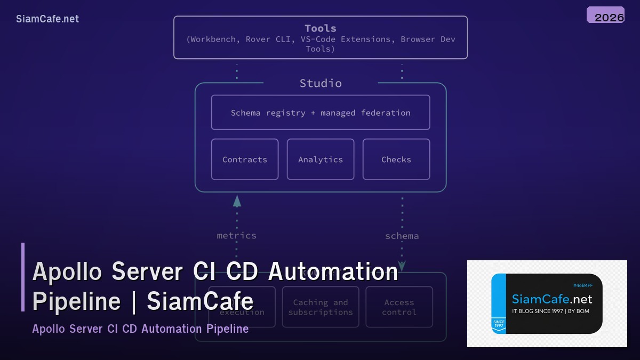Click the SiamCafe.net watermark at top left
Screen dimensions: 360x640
tap(47, 19)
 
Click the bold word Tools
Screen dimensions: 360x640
tap(320, 28)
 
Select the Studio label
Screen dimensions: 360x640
tap(321, 83)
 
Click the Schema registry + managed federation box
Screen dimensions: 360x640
tap(321, 113)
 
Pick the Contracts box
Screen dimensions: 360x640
tap(245, 159)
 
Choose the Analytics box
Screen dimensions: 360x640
tap(321, 159)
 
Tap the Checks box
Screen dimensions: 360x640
tap(396, 159)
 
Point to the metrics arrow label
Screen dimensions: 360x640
tap(236, 235)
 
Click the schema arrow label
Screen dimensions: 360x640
tap(402, 236)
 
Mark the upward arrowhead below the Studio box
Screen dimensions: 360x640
tap(237, 201)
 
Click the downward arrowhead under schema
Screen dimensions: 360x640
tap(402, 265)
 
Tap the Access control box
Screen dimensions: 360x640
tap(399, 307)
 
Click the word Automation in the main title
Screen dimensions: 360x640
tap(333, 271)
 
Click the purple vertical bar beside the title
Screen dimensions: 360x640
tap(23, 277)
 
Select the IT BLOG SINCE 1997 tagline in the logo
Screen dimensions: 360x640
tap(550, 311)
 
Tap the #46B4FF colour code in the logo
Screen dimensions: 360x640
tap(582, 285)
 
